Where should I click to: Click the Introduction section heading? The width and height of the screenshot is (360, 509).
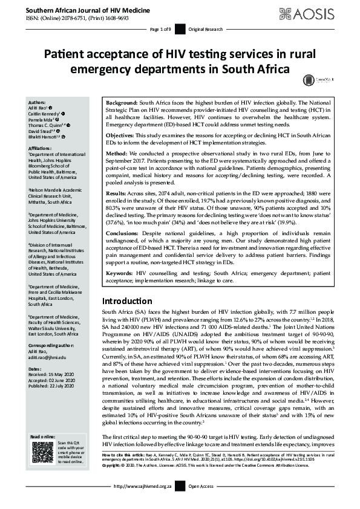[x=129, y=301]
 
